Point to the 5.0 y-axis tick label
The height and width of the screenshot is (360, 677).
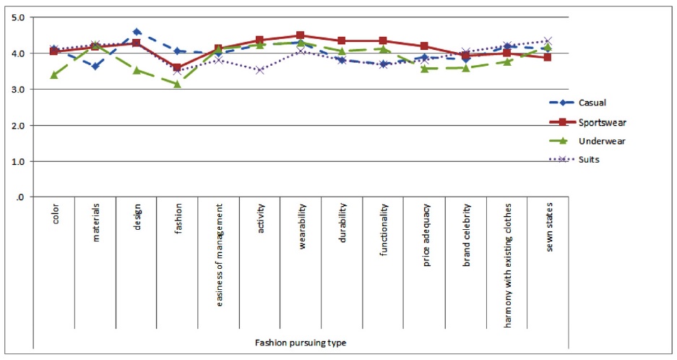coord(17,17)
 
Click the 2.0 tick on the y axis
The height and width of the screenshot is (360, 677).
coord(17,126)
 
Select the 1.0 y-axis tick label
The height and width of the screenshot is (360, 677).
coord(17,162)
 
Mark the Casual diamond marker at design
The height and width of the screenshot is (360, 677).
coord(137,32)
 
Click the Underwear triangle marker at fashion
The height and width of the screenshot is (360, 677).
coord(178,84)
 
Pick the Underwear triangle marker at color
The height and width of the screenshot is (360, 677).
coord(54,74)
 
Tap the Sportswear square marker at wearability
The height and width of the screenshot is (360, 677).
coord(301,35)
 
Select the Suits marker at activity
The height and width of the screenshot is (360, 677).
coord(260,70)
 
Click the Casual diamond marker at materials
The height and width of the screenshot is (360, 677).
coord(95,66)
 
